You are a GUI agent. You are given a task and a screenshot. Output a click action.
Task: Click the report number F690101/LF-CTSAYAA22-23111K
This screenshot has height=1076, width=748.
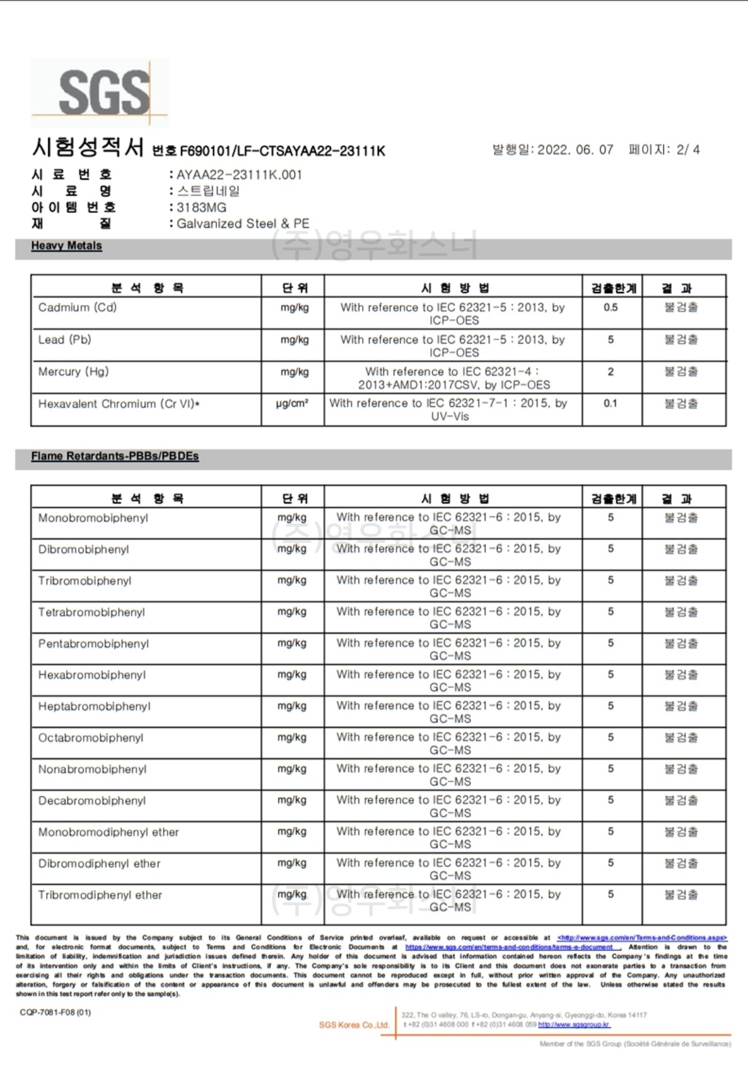pos(282,151)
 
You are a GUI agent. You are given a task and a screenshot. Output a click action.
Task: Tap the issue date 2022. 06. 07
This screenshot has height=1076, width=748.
pos(575,150)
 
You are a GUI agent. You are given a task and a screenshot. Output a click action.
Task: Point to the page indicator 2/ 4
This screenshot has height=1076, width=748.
pos(688,150)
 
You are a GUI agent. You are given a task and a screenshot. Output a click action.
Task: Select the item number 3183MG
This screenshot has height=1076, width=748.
pos(201,207)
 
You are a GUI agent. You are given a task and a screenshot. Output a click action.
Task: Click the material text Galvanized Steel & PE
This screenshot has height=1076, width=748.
pos(242,223)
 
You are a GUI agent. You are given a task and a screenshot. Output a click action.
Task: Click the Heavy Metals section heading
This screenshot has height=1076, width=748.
pos(66,246)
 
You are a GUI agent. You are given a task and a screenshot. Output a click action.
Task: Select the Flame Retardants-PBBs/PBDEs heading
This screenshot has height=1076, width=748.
pos(115,456)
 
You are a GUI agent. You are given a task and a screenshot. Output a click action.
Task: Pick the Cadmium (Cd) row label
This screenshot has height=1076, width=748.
pos(77,308)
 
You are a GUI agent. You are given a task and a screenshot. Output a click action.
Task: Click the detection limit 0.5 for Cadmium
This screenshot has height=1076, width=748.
pos(610,308)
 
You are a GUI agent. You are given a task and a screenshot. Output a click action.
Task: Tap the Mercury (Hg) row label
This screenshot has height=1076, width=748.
pos(74,372)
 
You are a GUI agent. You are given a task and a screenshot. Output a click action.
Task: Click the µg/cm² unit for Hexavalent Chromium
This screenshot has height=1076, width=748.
pos(292,404)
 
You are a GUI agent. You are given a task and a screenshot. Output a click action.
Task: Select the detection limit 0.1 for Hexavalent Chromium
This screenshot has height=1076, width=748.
pos(610,404)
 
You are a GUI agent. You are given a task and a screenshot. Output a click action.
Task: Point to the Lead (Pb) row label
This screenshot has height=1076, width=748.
pos(65,340)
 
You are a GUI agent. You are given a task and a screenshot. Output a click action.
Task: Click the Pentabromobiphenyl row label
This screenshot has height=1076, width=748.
pos(93,644)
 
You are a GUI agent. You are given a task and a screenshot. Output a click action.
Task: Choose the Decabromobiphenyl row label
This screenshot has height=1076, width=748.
pos(92,801)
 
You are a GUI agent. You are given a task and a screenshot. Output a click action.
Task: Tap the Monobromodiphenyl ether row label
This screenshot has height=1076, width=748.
pos(108,832)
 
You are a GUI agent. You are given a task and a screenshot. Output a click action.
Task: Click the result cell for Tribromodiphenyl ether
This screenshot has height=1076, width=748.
pos(681,894)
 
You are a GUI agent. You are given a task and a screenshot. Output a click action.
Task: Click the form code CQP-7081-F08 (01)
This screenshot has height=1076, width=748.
pos(55,1012)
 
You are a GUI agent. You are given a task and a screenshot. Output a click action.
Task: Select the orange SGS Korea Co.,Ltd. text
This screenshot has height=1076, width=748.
pos(353,1025)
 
